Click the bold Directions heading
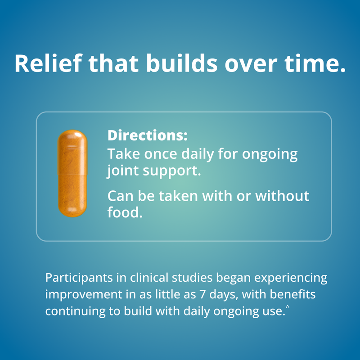click(x=147, y=135)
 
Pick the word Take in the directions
click(x=120, y=154)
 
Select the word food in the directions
click(x=124, y=212)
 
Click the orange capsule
click(x=72, y=173)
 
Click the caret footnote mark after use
click(x=287, y=307)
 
